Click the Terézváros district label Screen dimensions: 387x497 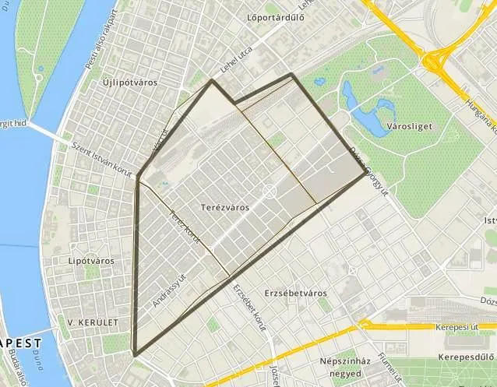(x=224, y=208)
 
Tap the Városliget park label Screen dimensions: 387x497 (x=410, y=125)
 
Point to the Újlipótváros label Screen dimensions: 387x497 (x=130, y=82)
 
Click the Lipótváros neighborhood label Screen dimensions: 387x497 (x=92, y=261)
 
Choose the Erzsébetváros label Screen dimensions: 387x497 (x=295, y=293)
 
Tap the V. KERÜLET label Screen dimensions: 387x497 (x=93, y=322)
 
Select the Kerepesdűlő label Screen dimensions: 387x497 (x=466, y=357)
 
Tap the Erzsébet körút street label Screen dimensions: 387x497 (x=249, y=308)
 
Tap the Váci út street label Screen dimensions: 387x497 (x=160, y=139)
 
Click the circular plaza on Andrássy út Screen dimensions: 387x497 (x=269, y=191)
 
